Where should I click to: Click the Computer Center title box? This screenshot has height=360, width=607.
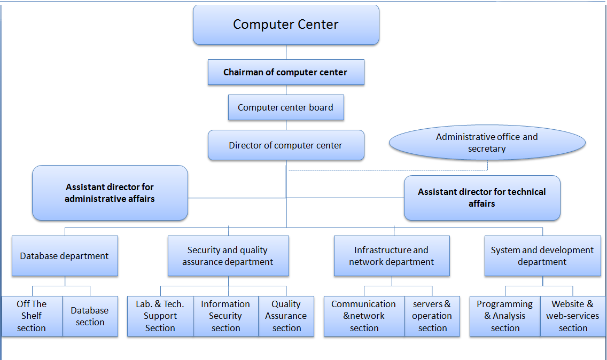286,25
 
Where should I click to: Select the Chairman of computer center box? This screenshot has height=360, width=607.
286,72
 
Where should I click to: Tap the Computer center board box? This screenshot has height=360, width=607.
286,107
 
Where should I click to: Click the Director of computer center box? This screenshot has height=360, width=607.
286,145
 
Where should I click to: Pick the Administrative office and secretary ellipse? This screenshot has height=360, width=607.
487,143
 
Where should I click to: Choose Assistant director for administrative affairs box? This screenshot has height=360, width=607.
110,193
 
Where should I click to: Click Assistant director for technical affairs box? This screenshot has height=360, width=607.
482,198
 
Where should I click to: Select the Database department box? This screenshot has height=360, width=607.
65,256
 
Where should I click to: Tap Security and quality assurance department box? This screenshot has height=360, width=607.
228,256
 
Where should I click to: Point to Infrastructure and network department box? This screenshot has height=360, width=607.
392,256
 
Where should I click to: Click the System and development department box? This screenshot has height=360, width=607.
542,256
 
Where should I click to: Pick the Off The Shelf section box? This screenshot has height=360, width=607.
32,316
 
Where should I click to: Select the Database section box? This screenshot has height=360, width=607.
90,316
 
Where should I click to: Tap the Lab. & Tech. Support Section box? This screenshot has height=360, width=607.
160,316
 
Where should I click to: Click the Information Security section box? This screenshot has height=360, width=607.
226,316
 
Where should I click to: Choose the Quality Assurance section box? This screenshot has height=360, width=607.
286,316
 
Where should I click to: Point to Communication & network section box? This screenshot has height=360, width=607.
364,316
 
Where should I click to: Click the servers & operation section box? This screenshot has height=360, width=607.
432,316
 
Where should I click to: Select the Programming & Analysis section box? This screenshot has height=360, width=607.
505,316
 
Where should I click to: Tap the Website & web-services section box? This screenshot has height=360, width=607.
573,316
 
